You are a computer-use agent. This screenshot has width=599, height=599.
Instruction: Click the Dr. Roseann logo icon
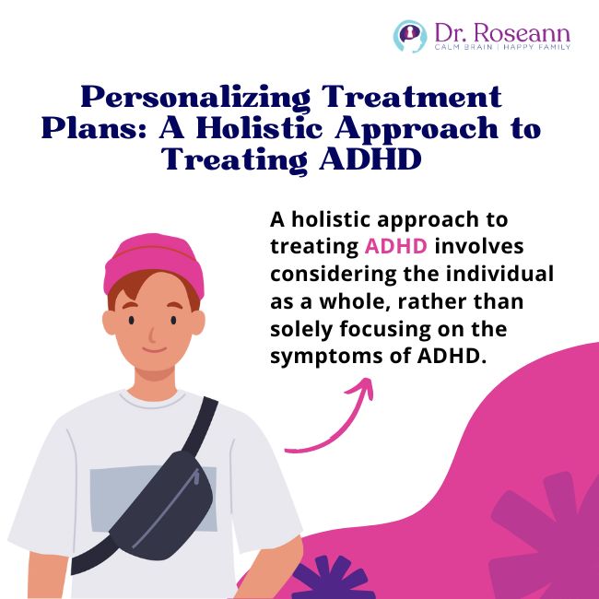coord(408,36)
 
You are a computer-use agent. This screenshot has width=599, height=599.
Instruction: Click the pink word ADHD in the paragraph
coord(394,246)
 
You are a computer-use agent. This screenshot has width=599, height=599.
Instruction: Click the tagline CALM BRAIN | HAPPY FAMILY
coord(503,47)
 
